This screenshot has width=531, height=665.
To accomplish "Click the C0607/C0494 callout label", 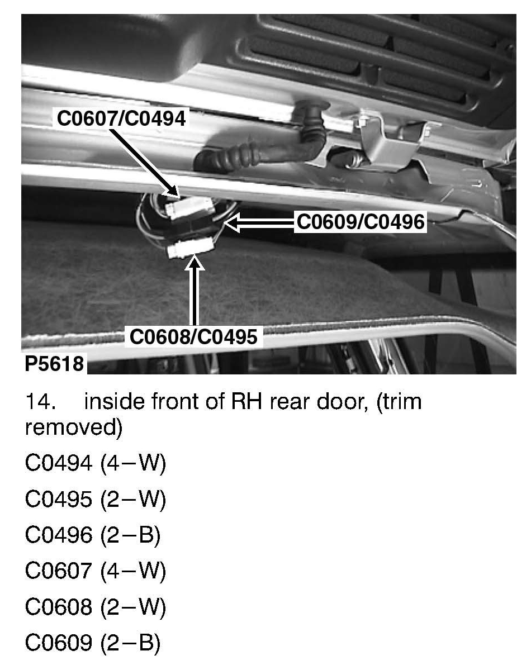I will coord(120,118).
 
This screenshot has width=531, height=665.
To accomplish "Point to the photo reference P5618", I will coord(54,364).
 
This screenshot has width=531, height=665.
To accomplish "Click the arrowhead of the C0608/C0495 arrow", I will coord(194,262).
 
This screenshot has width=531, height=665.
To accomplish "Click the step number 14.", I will coord(39,402).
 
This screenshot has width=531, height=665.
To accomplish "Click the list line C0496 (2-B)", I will coord(93,536).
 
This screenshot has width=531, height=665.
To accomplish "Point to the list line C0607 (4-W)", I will coord(96,572).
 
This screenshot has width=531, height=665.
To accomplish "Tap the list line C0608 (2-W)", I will coord(96,607).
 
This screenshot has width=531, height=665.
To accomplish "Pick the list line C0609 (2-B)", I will coord(93,643).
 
